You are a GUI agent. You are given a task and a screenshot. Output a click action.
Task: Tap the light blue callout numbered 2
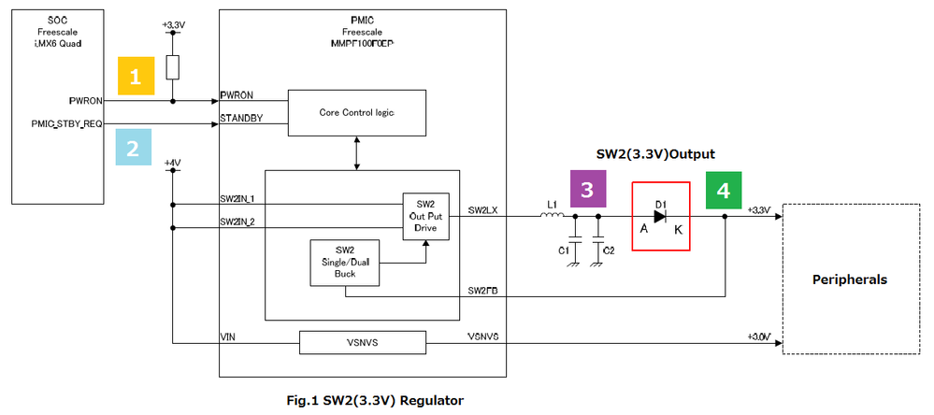[133, 147]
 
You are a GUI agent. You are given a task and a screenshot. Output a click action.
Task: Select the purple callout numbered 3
[587, 190]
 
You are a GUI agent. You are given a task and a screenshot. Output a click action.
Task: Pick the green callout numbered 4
[723, 190]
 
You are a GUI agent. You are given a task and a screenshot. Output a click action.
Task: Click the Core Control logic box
[356, 112]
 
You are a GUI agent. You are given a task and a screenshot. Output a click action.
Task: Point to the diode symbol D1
[661, 217]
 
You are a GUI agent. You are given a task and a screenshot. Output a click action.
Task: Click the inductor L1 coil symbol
[552, 217]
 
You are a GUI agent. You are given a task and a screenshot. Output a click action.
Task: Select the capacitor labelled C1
[575, 246]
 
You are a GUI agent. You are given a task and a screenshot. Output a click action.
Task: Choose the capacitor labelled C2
[598, 246]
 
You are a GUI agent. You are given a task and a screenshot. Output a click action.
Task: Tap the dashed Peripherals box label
[849, 279]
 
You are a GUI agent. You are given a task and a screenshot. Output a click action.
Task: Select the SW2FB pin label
[483, 291]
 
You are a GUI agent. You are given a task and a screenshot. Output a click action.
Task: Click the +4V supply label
[172, 162]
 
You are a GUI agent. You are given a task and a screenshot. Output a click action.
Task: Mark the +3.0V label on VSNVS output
[758, 336]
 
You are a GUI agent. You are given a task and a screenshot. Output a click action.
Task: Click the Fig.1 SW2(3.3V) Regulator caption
[374, 400]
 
